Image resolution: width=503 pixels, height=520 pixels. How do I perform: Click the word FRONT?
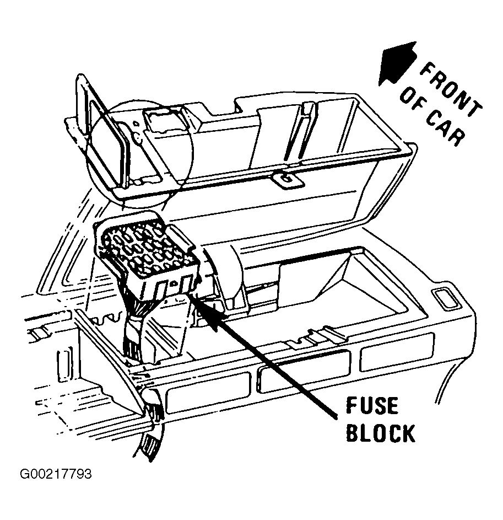[x=451, y=89]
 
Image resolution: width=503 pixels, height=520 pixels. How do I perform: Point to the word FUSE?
[x=372, y=406]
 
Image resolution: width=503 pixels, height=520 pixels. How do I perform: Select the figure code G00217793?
[x=56, y=474]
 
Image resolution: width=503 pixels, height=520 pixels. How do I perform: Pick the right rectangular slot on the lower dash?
[x=397, y=351]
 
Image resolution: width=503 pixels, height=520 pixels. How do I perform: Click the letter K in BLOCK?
[x=408, y=433]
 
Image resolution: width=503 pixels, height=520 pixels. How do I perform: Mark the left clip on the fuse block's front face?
[x=162, y=290]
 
